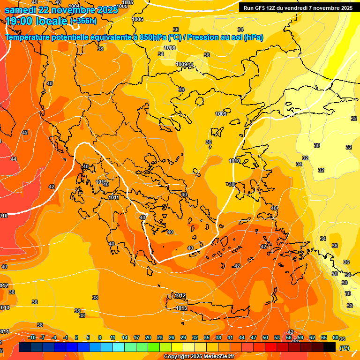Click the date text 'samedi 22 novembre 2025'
(x=61, y=9)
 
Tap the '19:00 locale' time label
(x=37, y=21)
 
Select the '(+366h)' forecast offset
(x=83, y=21)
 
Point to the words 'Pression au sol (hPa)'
(x=226, y=37)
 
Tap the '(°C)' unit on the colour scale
(x=344, y=348)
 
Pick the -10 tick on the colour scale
(x=32, y=337)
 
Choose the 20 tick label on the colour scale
(x=148, y=337)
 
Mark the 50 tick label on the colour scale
(x=265, y=337)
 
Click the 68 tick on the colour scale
(x=336, y=337)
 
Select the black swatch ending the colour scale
(x=330, y=347)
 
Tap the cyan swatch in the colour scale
(x=119, y=347)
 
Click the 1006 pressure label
(x=138, y=19)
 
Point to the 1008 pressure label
(x=170, y=48)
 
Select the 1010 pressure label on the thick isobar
(x=234, y=161)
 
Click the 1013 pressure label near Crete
(x=181, y=308)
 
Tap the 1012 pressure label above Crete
(x=180, y=296)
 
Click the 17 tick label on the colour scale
(x=136, y=337)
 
